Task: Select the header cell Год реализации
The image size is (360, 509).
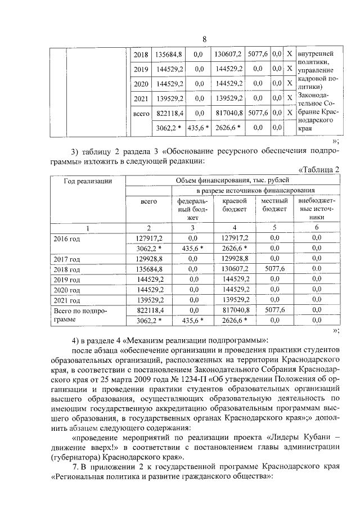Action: coord(87,181)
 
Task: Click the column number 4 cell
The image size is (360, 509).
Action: coord(235,228)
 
